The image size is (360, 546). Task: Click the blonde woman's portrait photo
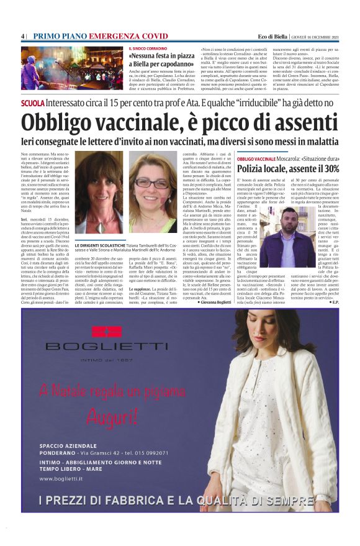click(x=99, y=191)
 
